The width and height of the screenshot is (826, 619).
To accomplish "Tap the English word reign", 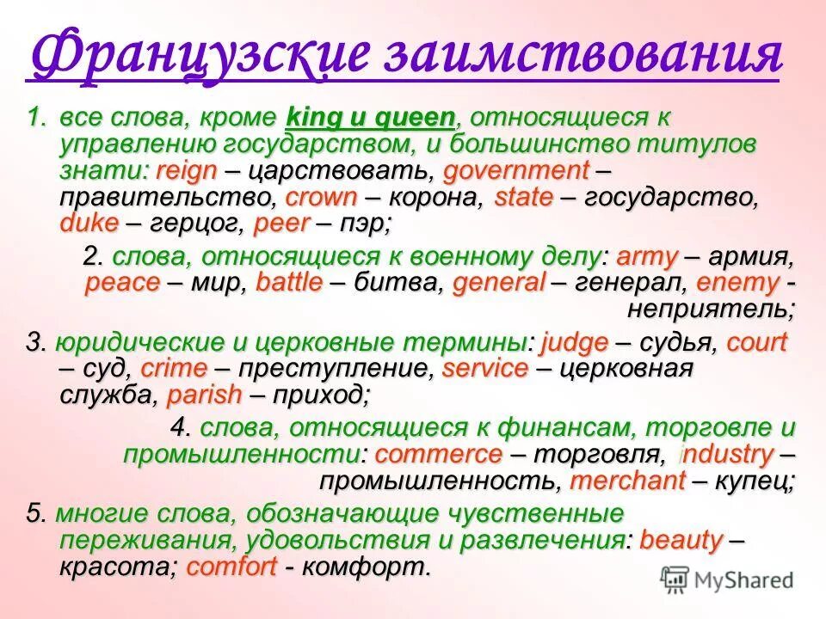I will tap(186, 170).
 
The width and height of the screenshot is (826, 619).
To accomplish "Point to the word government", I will tap(516, 170).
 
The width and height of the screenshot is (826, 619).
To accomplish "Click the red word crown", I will tap(320, 197).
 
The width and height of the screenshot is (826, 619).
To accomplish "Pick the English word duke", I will tap(89, 224).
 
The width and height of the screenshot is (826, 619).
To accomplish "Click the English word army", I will tap(648, 255).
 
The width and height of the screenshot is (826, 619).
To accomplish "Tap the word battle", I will tap(290, 282).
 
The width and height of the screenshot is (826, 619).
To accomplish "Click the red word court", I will tap(756, 342).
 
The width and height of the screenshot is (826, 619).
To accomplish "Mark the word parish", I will tap(205, 395).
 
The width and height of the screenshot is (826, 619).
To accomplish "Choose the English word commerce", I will tap(438, 453).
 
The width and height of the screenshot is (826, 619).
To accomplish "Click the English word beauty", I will tap(681, 540).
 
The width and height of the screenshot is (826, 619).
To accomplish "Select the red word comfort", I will tap(231, 567).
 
